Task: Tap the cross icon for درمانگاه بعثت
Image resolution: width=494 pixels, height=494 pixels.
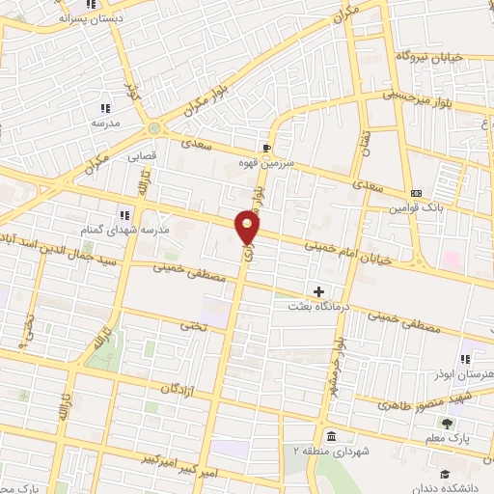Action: tap(319, 290)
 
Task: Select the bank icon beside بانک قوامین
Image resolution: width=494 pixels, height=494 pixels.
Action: tap(416, 193)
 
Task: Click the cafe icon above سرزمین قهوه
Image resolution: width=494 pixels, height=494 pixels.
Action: tap(265, 148)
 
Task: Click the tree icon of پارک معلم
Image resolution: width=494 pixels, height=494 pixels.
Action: tap(446, 423)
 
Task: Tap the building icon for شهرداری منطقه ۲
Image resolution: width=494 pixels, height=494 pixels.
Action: tap(331, 434)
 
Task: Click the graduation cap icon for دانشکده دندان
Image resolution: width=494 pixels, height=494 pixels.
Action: tap(445, 474)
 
